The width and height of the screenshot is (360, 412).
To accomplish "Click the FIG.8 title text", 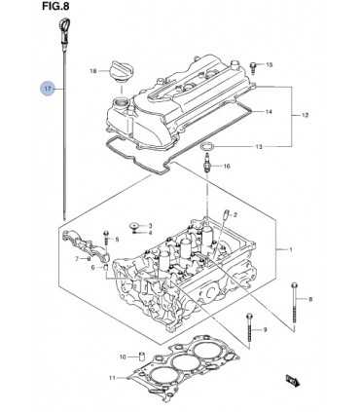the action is point(55,6).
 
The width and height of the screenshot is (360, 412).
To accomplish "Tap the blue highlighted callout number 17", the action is point(48,89).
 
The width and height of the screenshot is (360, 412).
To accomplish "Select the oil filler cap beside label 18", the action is point(122,69).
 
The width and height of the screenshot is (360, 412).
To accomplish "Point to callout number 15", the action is point(270,65).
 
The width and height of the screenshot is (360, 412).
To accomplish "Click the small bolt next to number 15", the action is point(253,68).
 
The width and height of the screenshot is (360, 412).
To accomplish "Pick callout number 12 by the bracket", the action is point(305,115).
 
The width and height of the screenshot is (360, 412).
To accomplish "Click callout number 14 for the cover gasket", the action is point(269,112).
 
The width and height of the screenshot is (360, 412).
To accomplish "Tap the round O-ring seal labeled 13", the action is point(206,147).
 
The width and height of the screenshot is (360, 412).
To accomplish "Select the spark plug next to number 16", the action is point(207,163).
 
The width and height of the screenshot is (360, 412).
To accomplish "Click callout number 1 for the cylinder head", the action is point(291,249).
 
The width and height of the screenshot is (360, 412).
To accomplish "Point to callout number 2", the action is point(235,214).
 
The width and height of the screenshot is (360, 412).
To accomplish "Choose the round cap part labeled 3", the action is point(133,225).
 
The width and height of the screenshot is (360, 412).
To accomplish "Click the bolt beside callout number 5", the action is point(106,239).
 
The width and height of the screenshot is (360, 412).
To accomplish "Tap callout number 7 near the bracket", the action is point(77,259).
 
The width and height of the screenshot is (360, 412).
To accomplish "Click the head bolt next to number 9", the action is point(249,327).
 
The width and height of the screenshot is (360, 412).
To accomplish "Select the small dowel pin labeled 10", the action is point(142,356).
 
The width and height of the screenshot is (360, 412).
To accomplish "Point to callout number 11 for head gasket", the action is point(112,378).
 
